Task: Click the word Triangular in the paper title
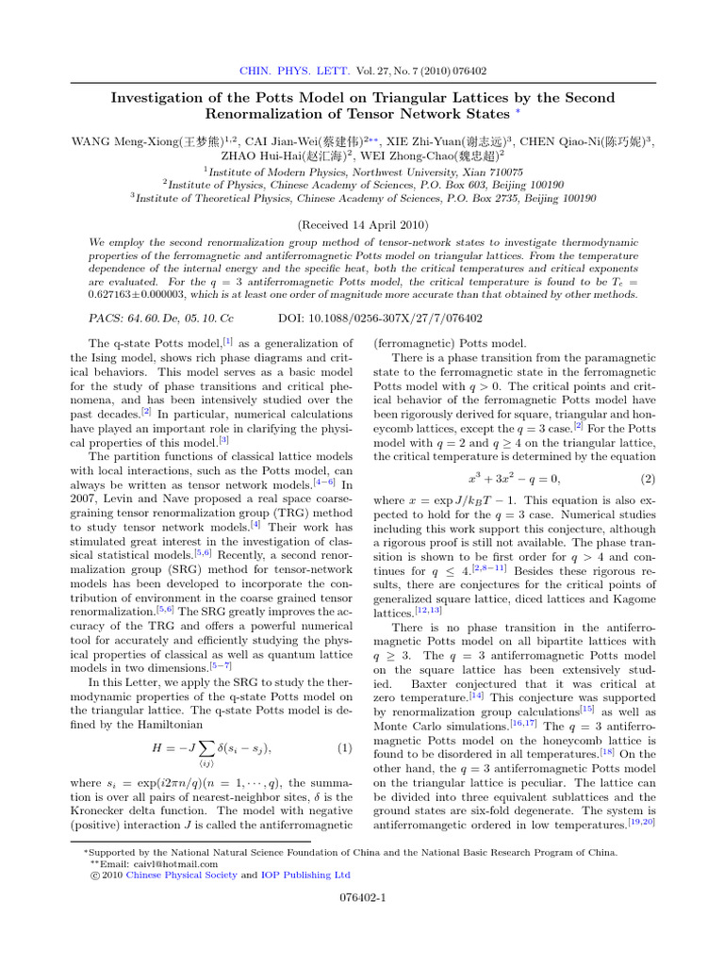click(x=394, y=98)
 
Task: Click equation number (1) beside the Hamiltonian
click(x=344, y=724)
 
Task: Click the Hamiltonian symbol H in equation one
click(x=156, y=724)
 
